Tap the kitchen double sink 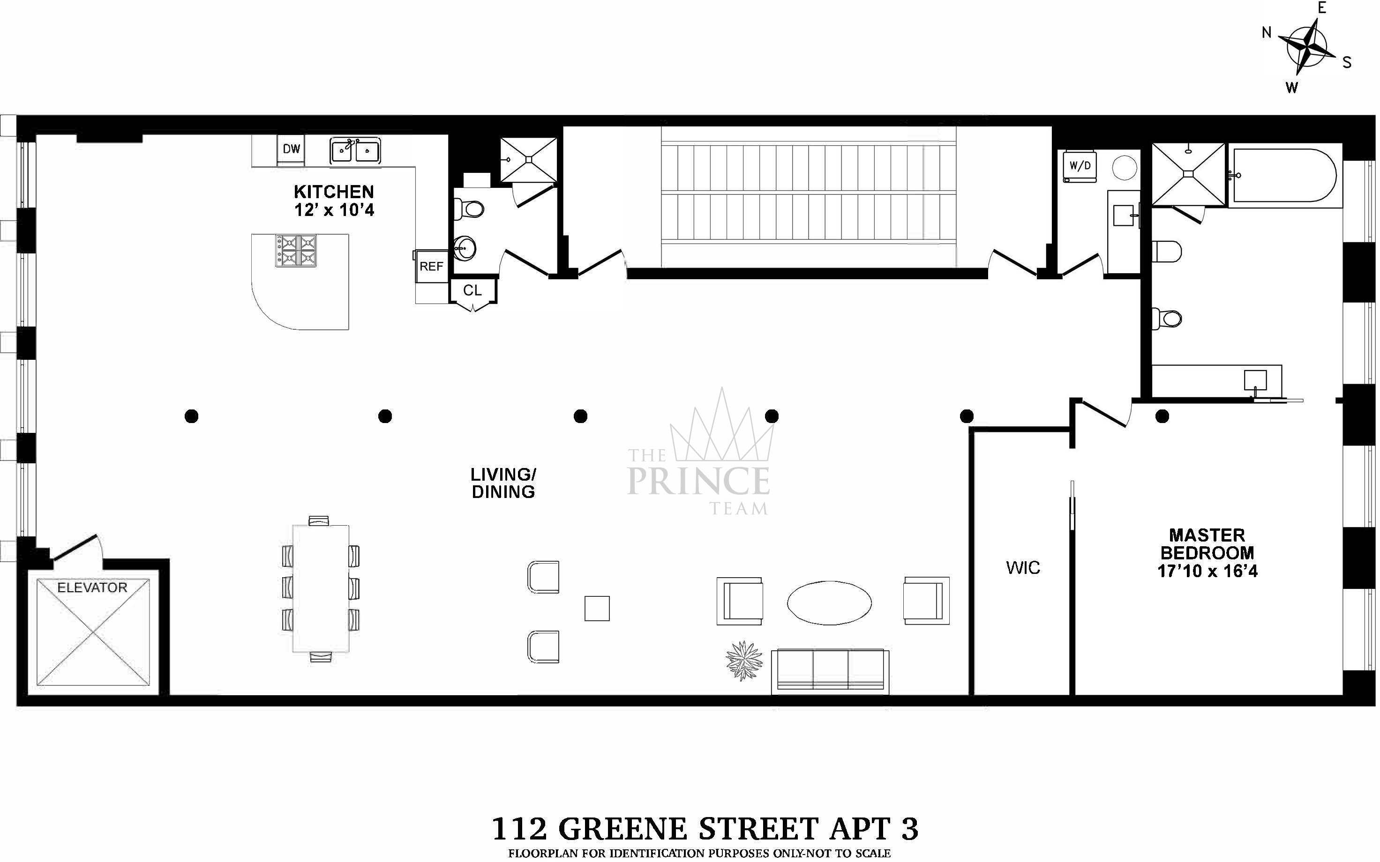tap(355, 151)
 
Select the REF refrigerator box tap(431, 266)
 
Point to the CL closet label tap(472, 291)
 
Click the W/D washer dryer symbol tap(1080, 166)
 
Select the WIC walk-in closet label tap(1023, 568)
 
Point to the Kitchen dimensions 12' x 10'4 tap(334, 210)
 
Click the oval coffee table tap(829, 603)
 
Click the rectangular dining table tap(321, 588)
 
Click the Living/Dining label tap(503, 483)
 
